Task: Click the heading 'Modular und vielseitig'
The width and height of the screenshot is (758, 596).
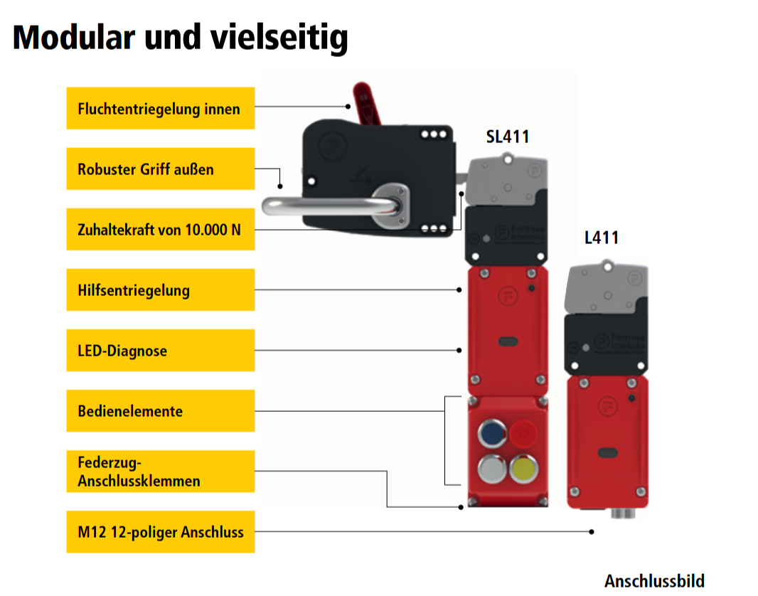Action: [x=181, y=37]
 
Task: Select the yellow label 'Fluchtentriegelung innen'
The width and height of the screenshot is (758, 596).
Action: [x=160, y=108]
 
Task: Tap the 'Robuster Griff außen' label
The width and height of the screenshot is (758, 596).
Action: [x=160, y=169]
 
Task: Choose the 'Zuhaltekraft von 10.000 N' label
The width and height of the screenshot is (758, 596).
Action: [x=160, y=229]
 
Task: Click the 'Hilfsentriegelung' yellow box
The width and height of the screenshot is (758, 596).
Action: [x=160, y=289]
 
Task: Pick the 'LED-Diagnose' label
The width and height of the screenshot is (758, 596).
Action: [x=160, y=350]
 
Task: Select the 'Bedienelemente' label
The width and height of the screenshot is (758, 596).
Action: [x=160, y=410]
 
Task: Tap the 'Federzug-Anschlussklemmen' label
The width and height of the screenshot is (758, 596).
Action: [x=160, y=471]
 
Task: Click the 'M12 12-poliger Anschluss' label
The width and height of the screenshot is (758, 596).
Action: [x=160, y=531]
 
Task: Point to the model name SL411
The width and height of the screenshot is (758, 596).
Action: [x=507, y=137]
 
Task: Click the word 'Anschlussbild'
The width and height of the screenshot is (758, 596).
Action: [x=654, y=580]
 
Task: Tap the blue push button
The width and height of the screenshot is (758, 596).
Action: [x=490, y=433]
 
